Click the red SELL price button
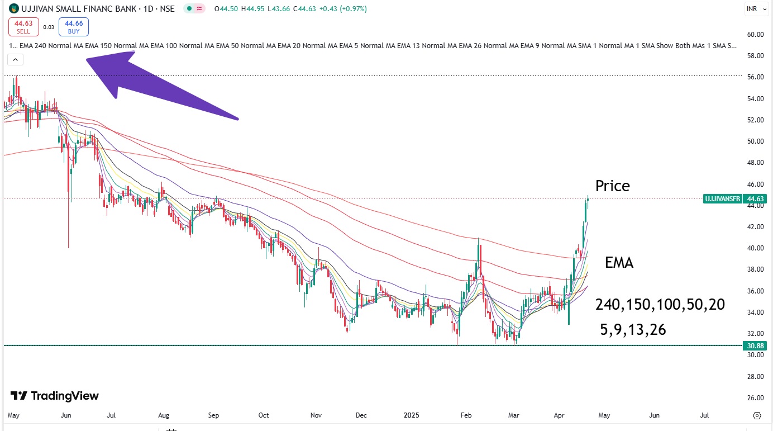click(23, 27)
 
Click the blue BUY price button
click(74, 27)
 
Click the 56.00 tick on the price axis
click(755, 77)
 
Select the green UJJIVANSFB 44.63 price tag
click(734, 198)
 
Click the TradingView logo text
click(55, 396)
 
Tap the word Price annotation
click(612, 186)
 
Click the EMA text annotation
click(619, 263)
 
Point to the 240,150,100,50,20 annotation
click(660, 305)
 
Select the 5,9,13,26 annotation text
click(633, 330)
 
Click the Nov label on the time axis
click(316, 415)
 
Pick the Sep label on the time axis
click(213, 415)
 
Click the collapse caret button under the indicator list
click(15, 59)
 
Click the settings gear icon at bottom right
click(757, 415)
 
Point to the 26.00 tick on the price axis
click(755, 398)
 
